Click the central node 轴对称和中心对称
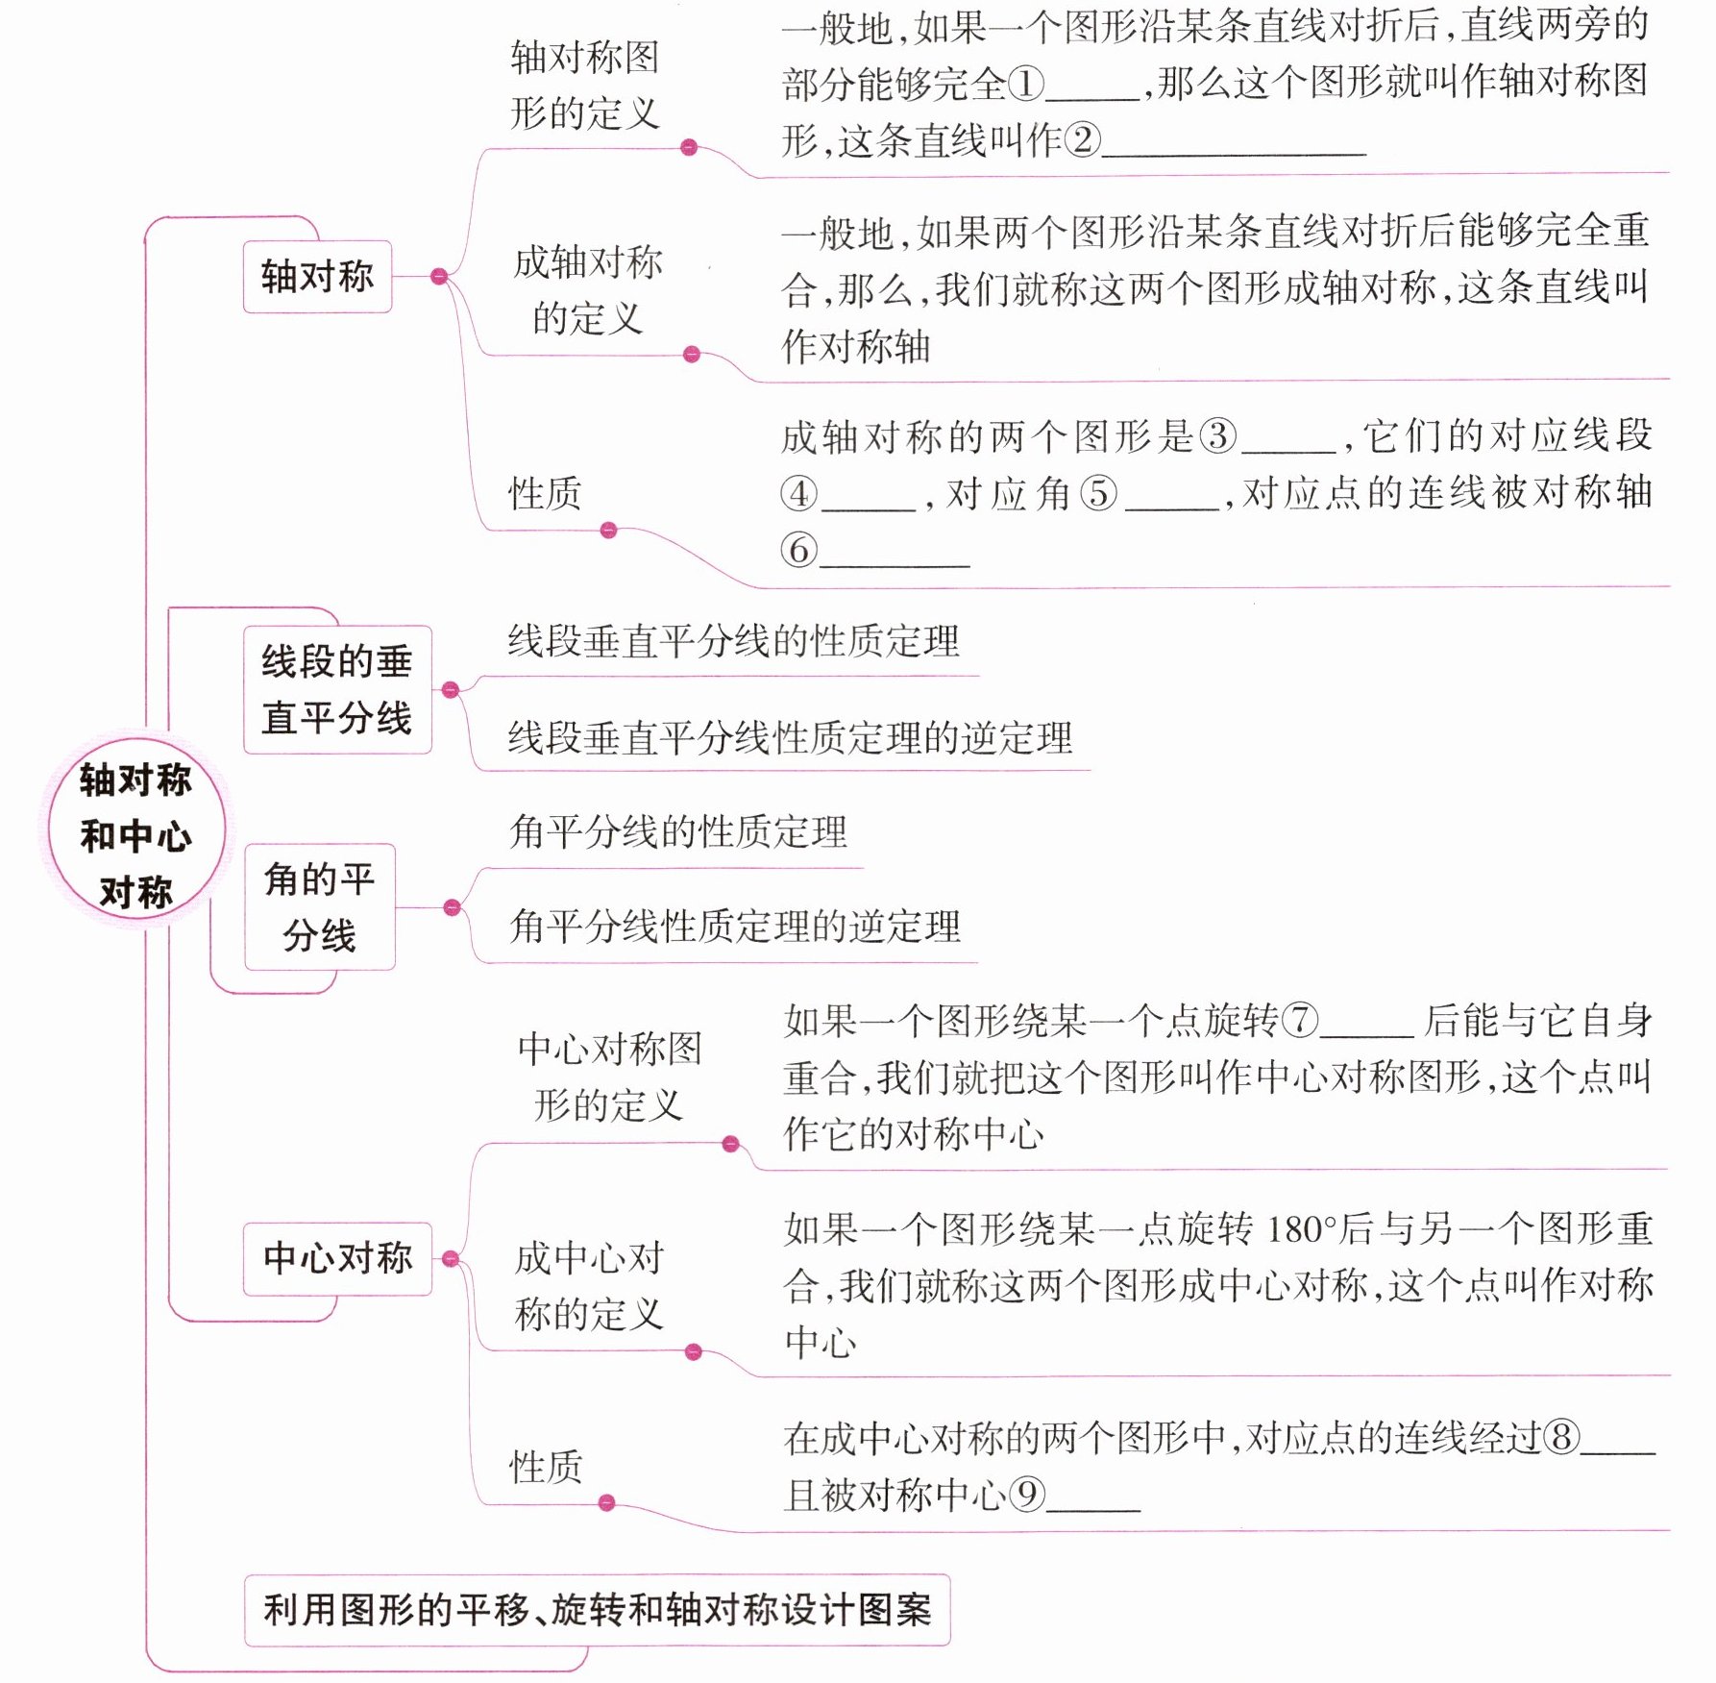135,834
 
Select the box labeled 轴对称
317,277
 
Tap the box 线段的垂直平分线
337,689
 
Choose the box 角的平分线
320,906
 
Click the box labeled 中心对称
337,1258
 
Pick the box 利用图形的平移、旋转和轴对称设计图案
597,1609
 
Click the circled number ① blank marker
1025,84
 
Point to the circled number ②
1082,140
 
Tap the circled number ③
1217,436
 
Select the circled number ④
798,494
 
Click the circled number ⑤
1098,494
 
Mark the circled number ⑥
798,551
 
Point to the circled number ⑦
1300,1020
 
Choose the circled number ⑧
1561,1438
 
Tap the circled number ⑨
1027,1495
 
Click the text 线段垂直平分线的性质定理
733,641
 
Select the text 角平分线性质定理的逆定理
735,927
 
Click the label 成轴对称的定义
588,289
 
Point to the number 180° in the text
1302,1229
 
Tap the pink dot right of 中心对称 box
451,1258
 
